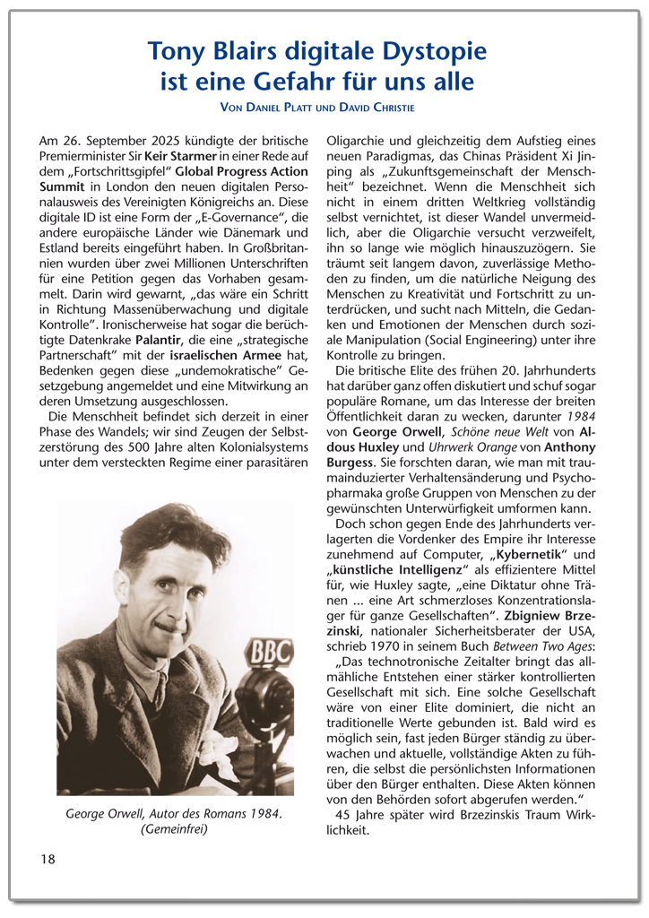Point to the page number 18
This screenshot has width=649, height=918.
click(x=48, y=859)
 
